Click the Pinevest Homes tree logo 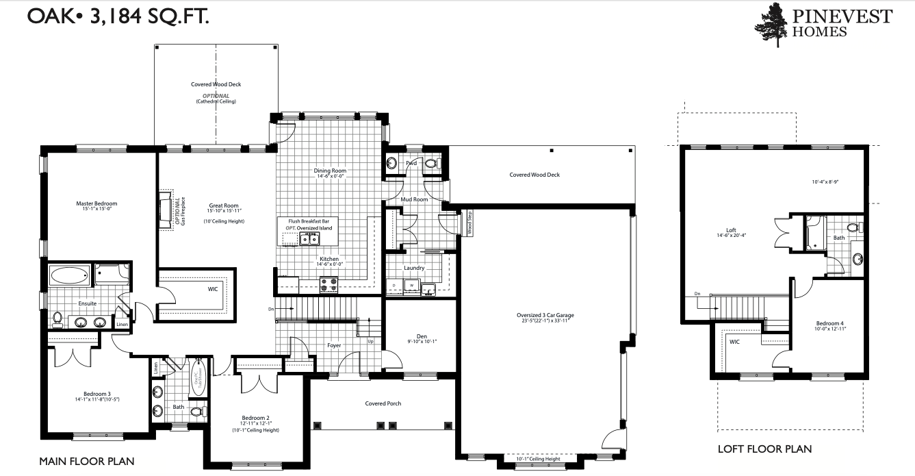tap(771, 25)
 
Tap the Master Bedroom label tap(96, 203)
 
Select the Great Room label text tap(224, 205)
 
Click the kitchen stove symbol tap(329, 284)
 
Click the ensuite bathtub tap(69, 276)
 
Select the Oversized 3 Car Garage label tap(545, 316)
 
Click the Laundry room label tap(414, 268)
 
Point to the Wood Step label tap(470, 223)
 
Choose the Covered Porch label tap(383, 403)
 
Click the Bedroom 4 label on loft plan tap(829, 323)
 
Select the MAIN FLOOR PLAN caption tap(86, 461)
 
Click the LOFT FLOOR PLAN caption tap(764, 449)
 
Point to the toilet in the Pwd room tap(430, 164)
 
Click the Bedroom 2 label tap(256, 418)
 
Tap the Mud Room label tap(414, 199)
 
